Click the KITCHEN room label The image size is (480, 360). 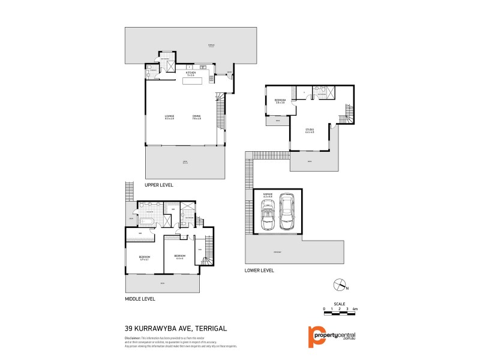click(x=191, y=73)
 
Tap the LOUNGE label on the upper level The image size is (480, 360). click(x=169, y=117)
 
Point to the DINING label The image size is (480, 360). click(x=196, y=117)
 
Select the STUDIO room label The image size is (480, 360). click(x=310, y=130)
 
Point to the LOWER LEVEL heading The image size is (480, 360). click(x=260, y=271)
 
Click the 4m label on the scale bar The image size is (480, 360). click(x=355, y=308)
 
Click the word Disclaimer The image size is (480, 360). click(x=133, y=338)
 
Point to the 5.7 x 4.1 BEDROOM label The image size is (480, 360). click(x=145, y=258)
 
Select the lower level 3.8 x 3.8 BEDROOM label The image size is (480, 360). click(x=280, y=101)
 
